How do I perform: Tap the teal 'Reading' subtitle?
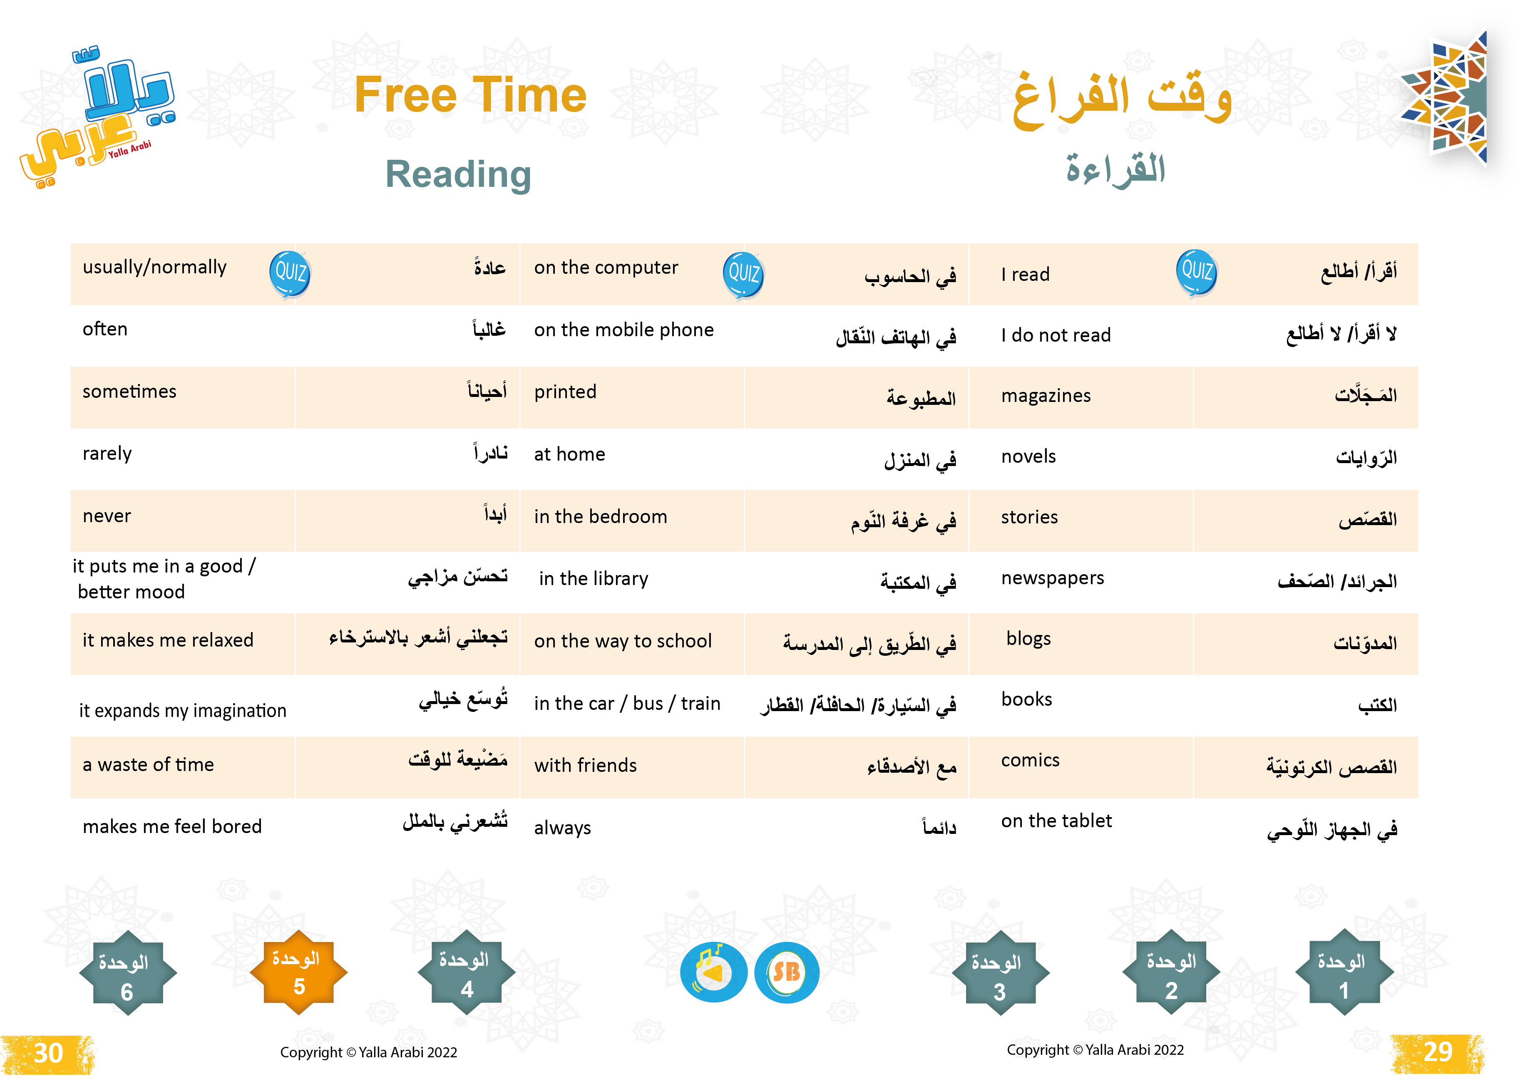458,174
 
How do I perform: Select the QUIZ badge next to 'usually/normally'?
290,273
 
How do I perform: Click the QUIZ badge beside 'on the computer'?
743,274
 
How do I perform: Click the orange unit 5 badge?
298,972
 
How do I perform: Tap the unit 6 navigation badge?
127,974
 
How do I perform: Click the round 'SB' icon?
787,972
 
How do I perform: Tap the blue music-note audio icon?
713,972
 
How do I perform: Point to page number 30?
48,1053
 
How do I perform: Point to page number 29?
1438,1052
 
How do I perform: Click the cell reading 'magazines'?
1046,396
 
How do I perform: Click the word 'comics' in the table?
1030,760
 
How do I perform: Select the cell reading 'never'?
107,516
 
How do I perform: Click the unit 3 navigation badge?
1000,974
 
